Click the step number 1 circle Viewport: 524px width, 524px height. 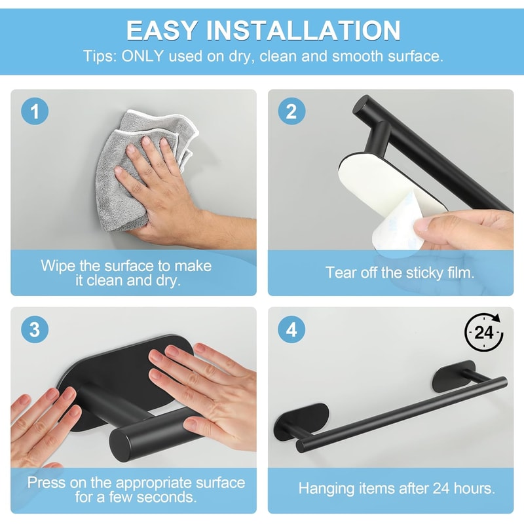point(35,111)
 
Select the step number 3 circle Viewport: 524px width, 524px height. point(35,329)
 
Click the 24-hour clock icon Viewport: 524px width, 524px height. point(484,333)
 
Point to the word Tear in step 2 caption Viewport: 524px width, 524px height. point(341,272)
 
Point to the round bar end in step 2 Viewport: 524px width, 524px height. point(362,105)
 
